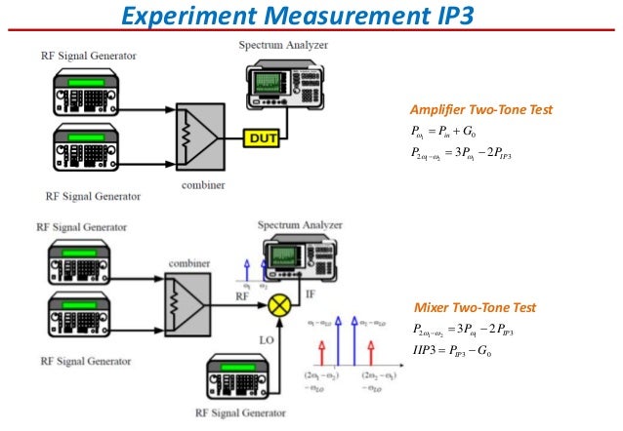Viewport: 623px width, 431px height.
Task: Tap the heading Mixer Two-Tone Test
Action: click(x=476, y=308)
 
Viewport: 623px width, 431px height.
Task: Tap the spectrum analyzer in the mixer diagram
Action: click(x=301, y=254)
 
